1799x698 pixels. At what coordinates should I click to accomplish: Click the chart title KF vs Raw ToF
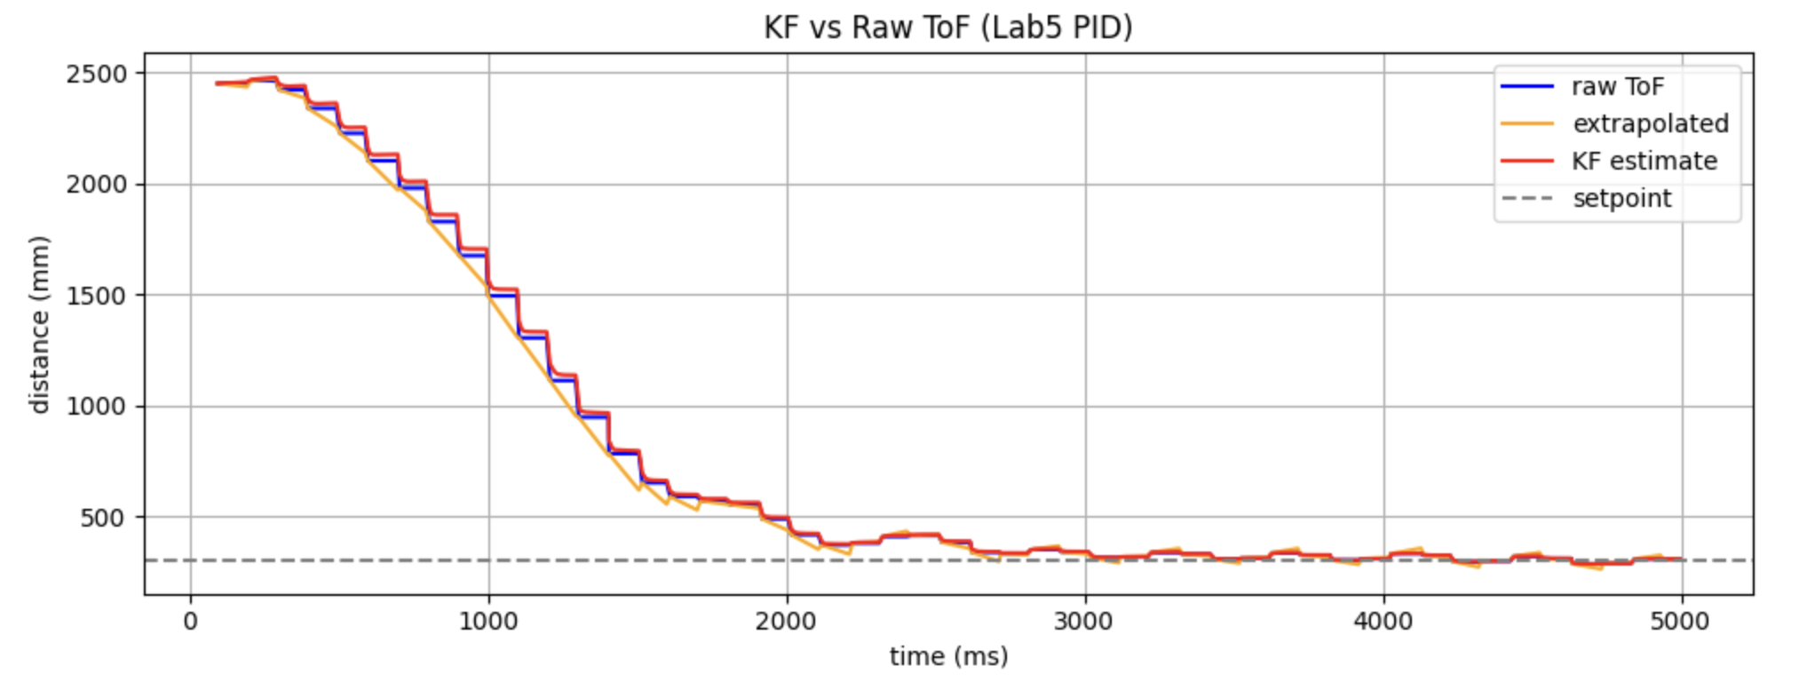click(947, 28)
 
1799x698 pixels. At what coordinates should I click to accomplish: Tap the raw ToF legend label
click(1617, 87)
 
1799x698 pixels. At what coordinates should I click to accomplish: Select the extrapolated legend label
click(1650, 123)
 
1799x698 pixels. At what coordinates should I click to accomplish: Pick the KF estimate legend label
click(1644, 161)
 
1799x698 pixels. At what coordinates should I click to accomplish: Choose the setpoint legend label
click(1621, 198)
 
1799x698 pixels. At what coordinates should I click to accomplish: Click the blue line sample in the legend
click(1527, 87)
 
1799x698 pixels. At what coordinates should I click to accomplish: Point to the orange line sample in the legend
click(1527, 124)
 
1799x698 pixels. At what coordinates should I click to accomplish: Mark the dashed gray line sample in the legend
click(1527, 198)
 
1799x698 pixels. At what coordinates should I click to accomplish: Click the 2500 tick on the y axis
click(97, 74)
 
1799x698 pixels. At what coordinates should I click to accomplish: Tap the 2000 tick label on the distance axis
click(97, 185)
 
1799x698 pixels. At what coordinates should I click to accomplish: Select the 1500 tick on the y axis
click(97, 296)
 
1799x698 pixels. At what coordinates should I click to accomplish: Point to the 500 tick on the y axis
click(104, 518)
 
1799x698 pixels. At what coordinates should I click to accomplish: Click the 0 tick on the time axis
click(190, 621)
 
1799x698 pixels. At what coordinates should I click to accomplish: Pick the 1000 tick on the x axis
click(488, 621)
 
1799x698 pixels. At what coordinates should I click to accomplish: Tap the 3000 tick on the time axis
click(1085, 621)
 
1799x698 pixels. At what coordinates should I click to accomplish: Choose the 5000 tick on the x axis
click(1681, 621)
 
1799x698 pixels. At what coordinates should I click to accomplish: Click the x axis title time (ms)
click(948, 656)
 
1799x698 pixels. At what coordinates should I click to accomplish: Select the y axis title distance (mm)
click(39, 324)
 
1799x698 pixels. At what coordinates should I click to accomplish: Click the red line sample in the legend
click(1527, 161)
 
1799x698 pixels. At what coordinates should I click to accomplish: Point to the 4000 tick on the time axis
click(1383, 621)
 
